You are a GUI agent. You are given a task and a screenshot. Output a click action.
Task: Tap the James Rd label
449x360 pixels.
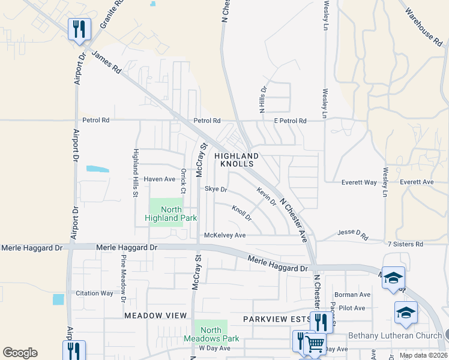coord(106,62)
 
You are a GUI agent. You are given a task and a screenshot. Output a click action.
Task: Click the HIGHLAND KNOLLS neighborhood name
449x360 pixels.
coord(237,160)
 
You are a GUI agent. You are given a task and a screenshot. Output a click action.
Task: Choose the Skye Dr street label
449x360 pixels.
coord(215,189)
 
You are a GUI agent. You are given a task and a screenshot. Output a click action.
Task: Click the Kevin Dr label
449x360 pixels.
coord(266,196)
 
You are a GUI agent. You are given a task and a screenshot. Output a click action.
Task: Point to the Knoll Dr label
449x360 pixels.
coord(241,212)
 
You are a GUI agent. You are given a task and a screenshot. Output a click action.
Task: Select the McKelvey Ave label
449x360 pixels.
coord(225,235)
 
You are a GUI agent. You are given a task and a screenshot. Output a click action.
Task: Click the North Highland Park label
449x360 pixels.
coord(171,214)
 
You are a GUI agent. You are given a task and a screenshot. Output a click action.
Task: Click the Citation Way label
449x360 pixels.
coord(94,293)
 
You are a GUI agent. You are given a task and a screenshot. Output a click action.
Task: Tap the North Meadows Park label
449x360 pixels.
coord(211,334)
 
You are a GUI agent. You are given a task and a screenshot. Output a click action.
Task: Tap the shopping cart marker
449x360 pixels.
coord(315,344)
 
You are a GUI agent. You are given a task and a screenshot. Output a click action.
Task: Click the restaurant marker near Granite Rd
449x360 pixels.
coord(79,29)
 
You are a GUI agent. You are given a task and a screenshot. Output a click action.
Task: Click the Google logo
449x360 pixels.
coord(20,353)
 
